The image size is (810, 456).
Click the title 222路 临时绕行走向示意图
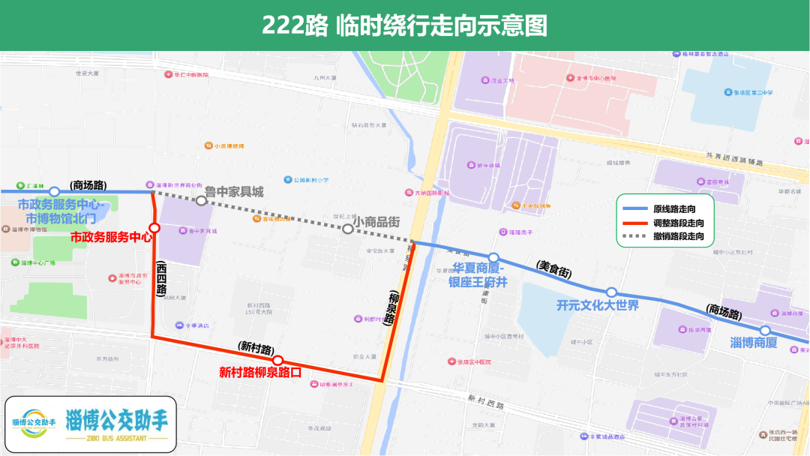coord(404,25)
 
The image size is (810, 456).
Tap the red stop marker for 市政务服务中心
coord(154,228)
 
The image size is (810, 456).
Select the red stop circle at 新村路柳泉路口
coord(277,360)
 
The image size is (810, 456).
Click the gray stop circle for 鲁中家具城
coord(201,200)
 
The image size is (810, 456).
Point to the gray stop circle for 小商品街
coord(347,229)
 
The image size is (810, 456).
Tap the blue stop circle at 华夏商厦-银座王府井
coord(493,258)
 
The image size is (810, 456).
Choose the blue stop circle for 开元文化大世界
coord(611,292)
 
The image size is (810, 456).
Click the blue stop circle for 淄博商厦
coord(765,331)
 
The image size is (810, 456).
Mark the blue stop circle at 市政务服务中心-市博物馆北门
coord(54,192)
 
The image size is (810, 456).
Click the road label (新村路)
coord(256,347)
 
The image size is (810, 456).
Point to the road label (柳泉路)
coord(391,307)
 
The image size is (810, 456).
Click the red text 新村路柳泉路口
coord(259,371)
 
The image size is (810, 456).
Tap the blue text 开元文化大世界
coord(598,305)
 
